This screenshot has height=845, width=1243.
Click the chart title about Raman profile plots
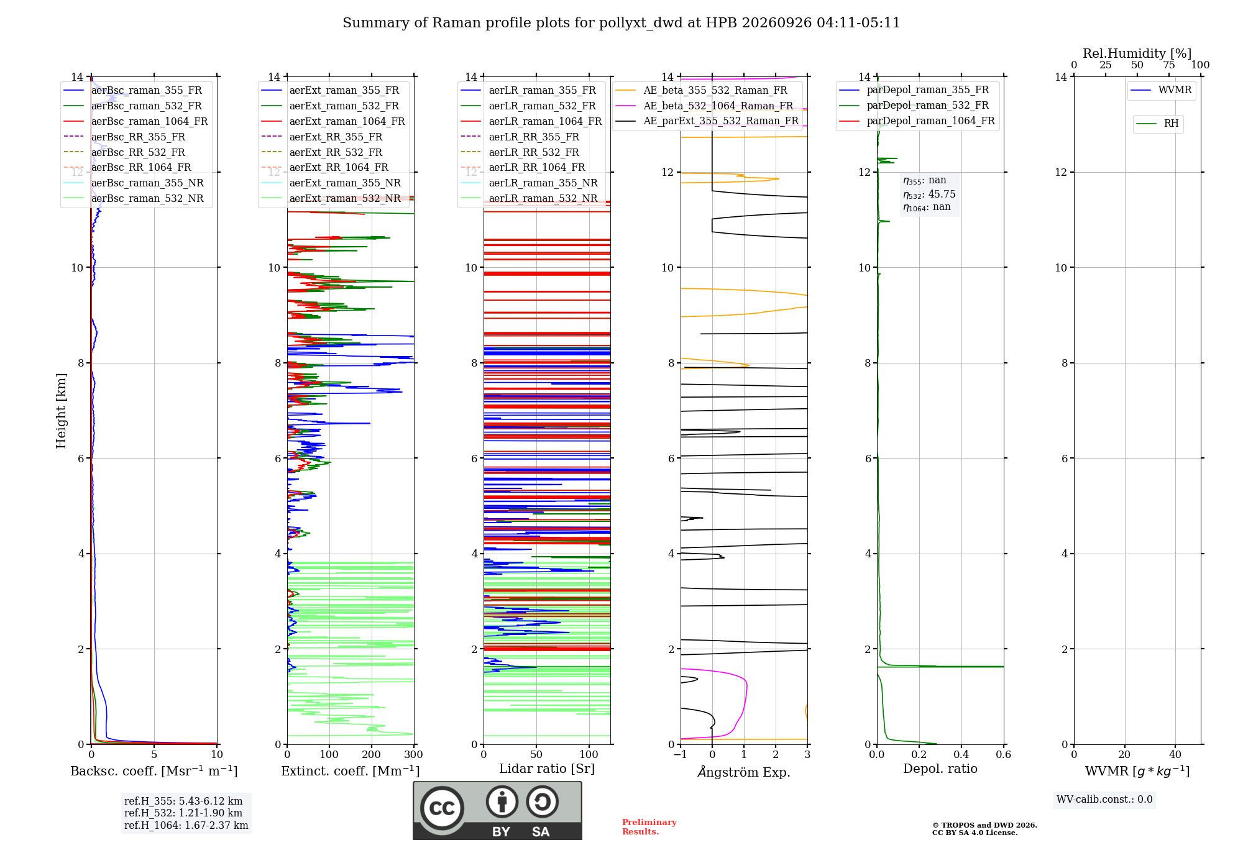coord(621,23)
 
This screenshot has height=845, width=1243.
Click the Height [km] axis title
coord(61,411)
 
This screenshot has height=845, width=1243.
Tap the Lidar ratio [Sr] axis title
coord(547,769)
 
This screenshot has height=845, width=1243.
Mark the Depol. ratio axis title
coord(940,769)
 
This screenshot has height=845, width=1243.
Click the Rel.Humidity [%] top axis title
coord(1137,53)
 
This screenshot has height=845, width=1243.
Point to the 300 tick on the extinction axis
coord(413,754)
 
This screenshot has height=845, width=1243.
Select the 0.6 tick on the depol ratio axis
coord(1003,754)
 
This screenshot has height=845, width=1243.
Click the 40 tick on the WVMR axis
coord(1175,754)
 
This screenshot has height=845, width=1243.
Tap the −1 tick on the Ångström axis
coord(680,754)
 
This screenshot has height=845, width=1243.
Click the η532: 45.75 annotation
coord(929,194)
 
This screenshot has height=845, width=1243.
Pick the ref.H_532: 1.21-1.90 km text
coord(183,813)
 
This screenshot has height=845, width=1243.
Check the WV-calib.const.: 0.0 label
coord(1104,800)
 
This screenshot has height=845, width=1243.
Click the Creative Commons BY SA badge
coord(497,810)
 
